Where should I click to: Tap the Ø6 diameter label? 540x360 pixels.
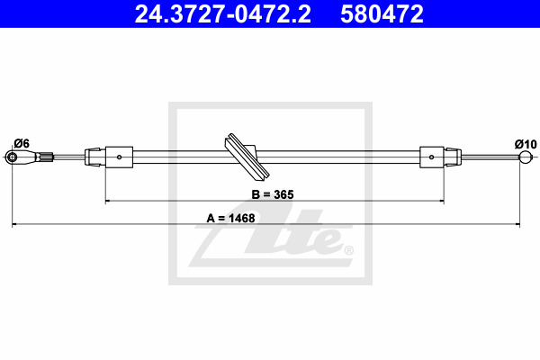(22, 142)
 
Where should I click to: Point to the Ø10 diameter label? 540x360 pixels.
(525, 143)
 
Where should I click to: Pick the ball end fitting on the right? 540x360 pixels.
(525, 158)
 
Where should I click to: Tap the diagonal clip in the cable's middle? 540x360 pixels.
(243, 156)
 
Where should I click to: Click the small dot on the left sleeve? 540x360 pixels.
(120, 157)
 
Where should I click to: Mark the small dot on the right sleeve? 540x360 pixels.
(432, 157)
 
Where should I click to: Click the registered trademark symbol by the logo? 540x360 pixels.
(348, 250)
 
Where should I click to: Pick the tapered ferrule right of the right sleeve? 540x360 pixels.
(454, 157)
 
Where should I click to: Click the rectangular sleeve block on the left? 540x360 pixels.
(120, 157)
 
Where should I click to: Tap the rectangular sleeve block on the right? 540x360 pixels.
(432, 157)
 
